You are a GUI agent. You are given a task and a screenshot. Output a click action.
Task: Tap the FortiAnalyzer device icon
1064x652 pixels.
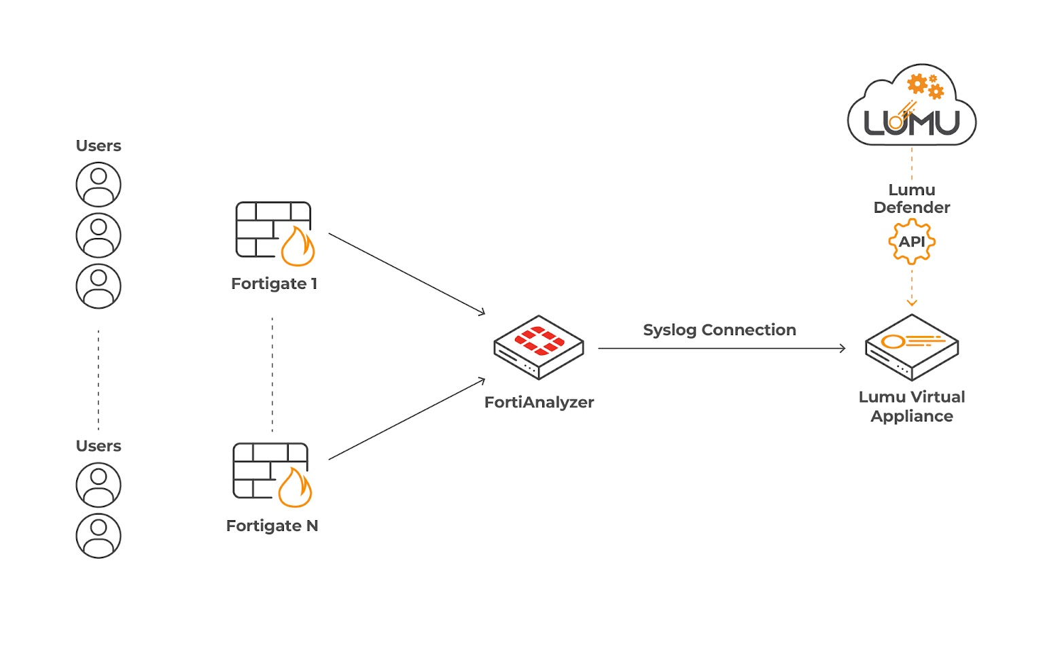[539, 347]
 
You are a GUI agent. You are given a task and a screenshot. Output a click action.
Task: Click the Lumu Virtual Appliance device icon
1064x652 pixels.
[911, 347]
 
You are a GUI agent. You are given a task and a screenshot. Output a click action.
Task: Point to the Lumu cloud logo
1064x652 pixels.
[911, 109]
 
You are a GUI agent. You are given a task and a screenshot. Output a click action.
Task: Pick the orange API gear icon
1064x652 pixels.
[912, 241]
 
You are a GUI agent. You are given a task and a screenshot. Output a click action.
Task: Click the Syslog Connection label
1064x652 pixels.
[720, 330]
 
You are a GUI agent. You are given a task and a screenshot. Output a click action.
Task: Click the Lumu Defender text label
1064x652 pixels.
[912, 199]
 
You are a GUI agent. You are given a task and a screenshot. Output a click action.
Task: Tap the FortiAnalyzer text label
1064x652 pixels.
[539, 402]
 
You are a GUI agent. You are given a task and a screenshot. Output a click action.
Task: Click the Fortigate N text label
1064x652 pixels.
[272, 526]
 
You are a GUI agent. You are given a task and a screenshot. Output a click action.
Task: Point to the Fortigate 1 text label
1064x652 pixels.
[274, 284]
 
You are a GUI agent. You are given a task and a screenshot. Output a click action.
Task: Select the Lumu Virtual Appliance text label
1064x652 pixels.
[912, 407]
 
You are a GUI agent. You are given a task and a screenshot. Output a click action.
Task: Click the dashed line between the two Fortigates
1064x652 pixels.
[272, 374]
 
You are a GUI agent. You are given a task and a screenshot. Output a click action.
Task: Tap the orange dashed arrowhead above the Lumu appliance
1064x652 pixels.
[912, 302]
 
